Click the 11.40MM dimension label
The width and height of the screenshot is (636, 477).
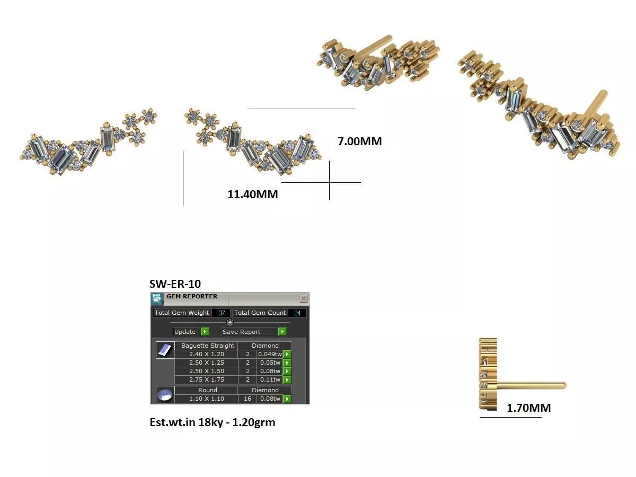[x=253, y=195]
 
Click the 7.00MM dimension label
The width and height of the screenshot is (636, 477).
[x=359, y=142]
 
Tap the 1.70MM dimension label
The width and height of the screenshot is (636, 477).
[x=529, y=408]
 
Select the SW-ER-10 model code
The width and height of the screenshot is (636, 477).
[x=175, y=284]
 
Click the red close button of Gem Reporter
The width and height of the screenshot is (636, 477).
[x=303, y=298]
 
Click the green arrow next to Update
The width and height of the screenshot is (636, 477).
[x=205, y=331]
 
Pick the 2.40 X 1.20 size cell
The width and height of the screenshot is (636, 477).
[x=207, y=354]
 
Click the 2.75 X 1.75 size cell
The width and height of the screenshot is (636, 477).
[x=207, y=379]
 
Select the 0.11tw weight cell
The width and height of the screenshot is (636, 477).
[x=270, y=379]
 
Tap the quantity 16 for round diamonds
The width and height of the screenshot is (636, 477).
[x=248, y=399]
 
